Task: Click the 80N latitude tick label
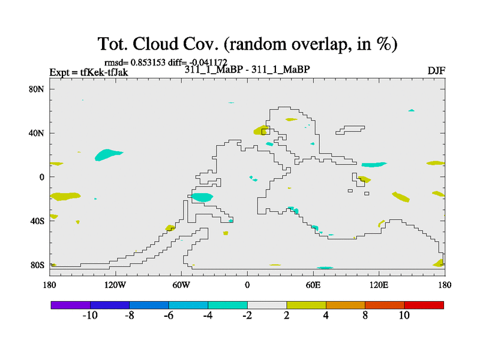36,89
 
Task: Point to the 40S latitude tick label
37,221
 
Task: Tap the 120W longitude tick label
115,286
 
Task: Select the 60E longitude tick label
313,286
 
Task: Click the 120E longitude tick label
379,286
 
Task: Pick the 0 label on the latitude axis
41,177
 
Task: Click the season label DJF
436,71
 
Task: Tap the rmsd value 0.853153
148,62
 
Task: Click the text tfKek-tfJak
104,72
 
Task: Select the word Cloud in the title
155,44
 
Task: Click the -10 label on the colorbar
90,316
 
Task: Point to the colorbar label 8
365,316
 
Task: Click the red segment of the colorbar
424,305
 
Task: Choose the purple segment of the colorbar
71,305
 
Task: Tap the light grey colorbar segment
267,305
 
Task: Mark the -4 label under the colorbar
208,316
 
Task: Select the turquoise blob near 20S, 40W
202,197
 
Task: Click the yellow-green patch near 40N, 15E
261,130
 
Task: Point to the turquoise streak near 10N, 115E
374,164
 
